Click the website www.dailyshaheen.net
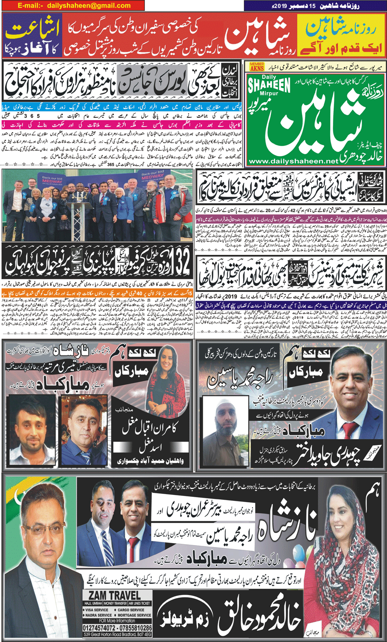coord(293,161)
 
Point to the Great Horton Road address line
coord(118,635)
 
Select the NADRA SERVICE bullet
coord(99,615)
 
